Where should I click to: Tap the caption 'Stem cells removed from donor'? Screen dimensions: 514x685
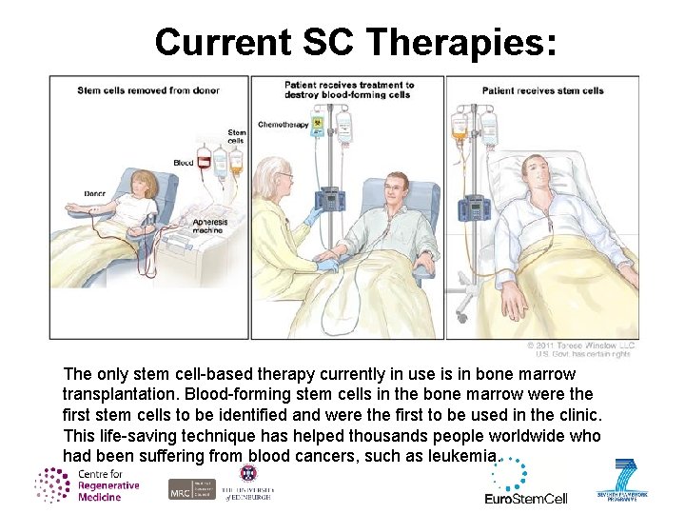tap(148, 90)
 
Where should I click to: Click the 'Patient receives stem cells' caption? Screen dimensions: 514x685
tap(542, 91)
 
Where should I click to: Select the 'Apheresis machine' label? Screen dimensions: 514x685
tap(207, 226)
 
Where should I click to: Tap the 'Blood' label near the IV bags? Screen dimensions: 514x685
tap(184, 163)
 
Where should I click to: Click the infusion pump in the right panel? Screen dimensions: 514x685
tap(473, 207)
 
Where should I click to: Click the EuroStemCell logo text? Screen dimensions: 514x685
tap(526, 497)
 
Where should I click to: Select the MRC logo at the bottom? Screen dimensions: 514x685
tap(180, 489)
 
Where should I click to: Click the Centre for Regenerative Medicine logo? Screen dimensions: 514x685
tap(88, 485)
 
